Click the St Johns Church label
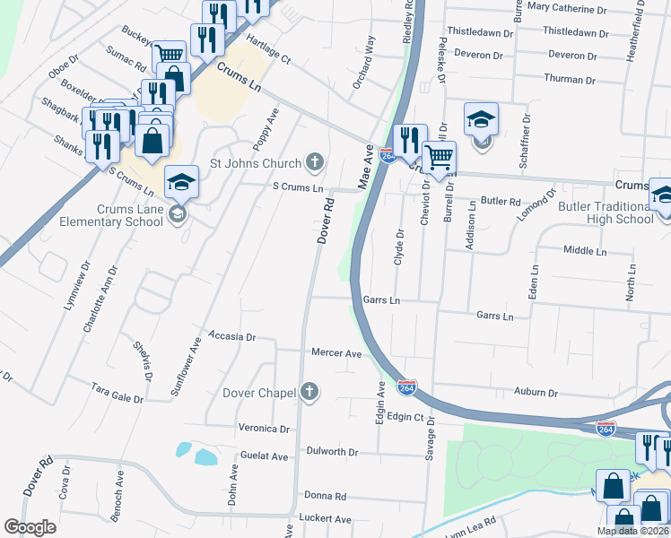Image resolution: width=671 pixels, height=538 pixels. [256, 163]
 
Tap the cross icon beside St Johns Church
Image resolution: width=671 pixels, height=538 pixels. [314, 162]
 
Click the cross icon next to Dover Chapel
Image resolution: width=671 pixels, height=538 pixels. [309, 391]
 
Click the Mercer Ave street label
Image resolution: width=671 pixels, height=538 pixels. [336, 353]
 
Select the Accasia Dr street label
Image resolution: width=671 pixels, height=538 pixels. [232, 337]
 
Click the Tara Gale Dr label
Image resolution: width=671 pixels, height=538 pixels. [118, 391]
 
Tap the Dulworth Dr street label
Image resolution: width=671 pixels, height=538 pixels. [332, 452]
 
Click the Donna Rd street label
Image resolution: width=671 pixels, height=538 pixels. [326, 496]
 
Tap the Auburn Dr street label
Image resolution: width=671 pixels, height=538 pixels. [536, 393]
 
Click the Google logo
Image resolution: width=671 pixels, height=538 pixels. [30, 526]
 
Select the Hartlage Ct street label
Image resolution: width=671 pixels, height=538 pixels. [269, 50]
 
